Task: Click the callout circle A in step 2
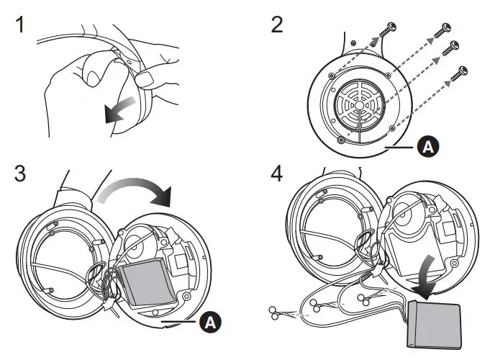coord(426,148)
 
